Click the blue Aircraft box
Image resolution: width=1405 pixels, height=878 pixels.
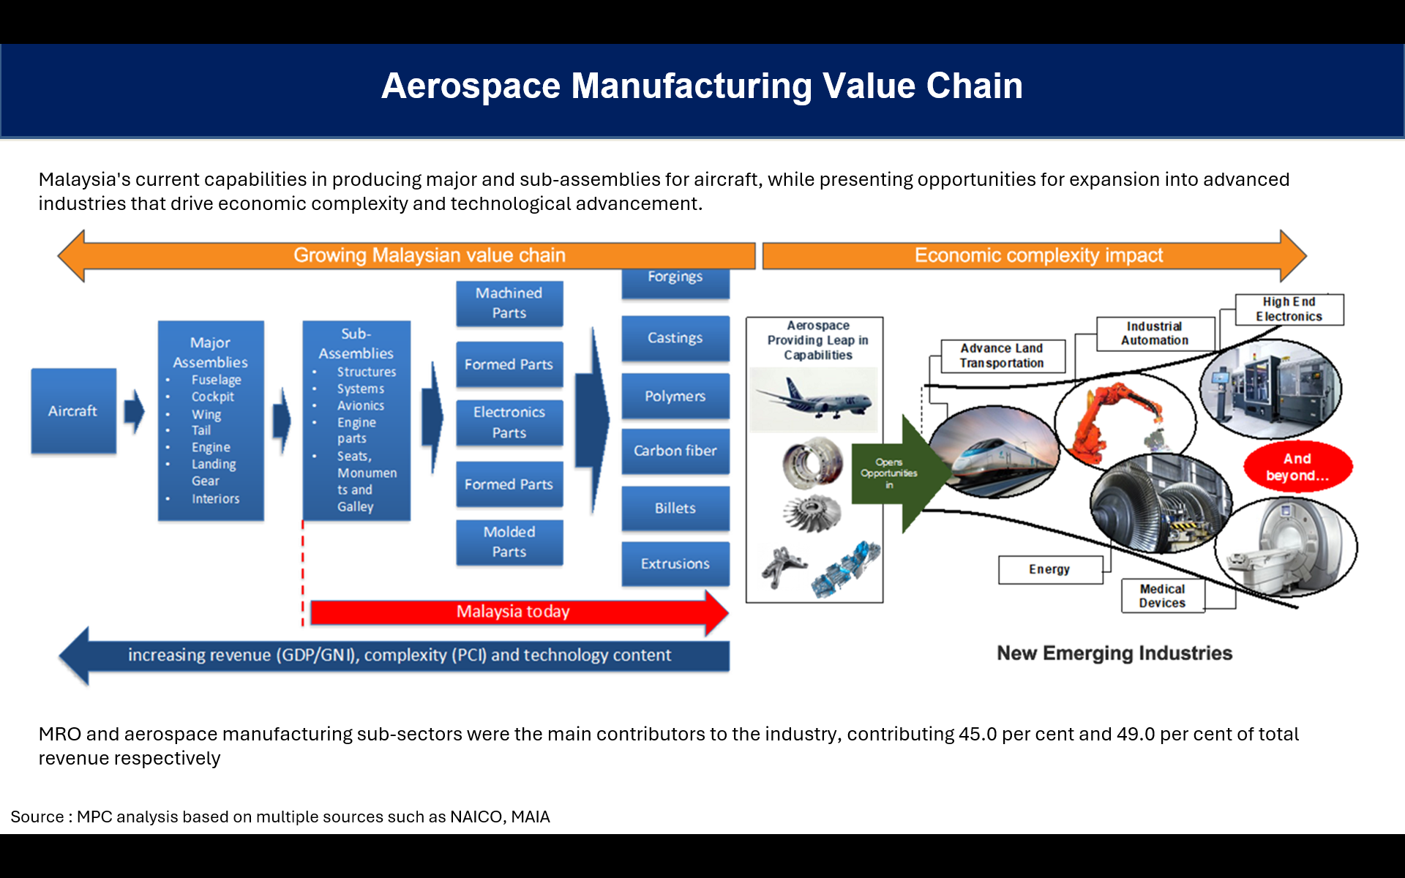coord(73,410)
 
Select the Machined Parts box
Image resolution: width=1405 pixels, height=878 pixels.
coord(509,303)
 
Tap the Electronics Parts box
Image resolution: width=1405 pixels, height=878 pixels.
coord(509,422)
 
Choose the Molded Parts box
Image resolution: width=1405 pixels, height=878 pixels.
coord(509,542)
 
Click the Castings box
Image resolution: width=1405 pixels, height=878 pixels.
coord(675,338)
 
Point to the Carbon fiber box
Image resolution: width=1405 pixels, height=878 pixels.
coord(675,451)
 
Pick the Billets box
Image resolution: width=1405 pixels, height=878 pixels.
coord(675,508)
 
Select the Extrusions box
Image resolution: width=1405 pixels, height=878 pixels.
coord(675,564)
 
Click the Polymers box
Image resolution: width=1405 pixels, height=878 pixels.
coord(675,396)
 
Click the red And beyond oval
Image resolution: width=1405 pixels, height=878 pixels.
coord(1298,467)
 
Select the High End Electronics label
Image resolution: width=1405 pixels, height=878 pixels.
coord(1289,309)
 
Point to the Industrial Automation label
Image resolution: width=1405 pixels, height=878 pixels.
coord(1155,334)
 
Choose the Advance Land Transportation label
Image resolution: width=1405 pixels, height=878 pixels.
coord(1002,356)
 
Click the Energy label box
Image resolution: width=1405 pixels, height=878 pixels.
coord(1050,569)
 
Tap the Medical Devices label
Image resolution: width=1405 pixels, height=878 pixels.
coord(1163,596)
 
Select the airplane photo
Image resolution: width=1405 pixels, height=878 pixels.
coord(814,399)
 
